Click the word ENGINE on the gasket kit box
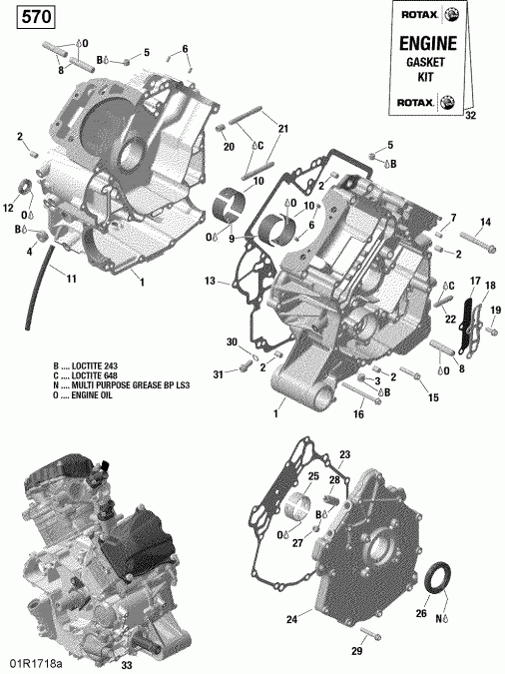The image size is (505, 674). [x=428, y=44]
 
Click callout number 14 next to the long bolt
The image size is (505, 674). [x=487, y=222]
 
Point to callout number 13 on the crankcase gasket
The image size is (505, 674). [x=210, y=281]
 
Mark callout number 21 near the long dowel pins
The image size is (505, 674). [x=282, y=128]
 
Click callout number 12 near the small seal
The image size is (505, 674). [x=9, y=208]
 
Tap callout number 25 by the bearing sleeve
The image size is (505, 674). [x=312, y=475]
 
